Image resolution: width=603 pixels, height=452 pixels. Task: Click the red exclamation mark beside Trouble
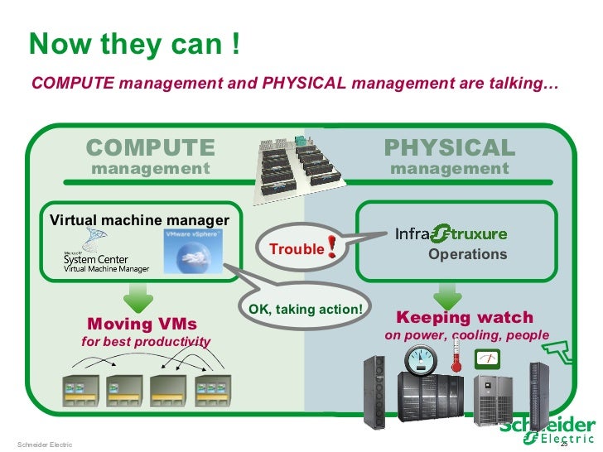332,247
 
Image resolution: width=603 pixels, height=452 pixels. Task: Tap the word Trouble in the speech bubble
297,248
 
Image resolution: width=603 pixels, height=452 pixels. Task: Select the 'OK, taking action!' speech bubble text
306,310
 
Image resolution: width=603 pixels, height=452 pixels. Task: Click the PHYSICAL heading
450,148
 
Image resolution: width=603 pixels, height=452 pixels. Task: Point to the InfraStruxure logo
451,233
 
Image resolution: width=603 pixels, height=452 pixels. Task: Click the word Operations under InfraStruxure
467,254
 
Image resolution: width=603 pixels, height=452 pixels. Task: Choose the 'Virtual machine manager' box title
139,220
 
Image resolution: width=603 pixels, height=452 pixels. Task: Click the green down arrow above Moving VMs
137,295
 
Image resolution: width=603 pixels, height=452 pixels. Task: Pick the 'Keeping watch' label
465,318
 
